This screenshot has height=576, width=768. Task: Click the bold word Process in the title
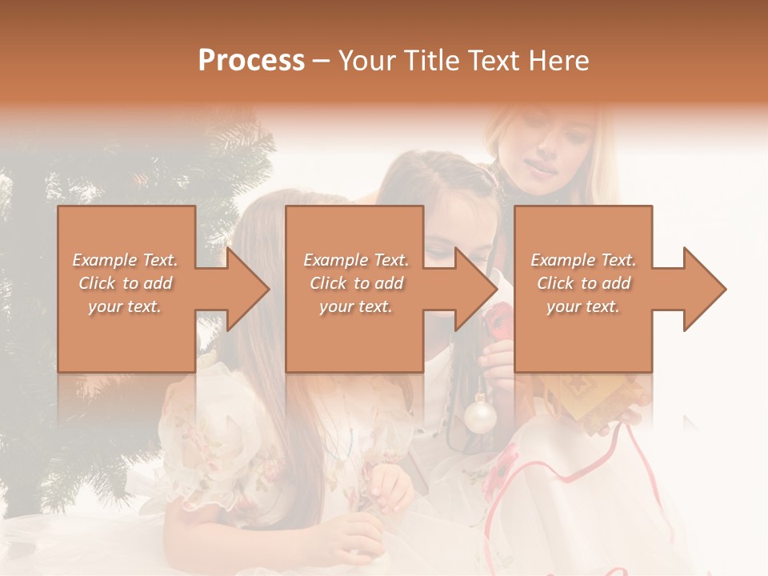coord(251,61)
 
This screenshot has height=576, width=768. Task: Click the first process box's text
coord(126,283)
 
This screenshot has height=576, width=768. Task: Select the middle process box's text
coord(356,283)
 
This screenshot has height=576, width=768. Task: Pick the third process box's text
coord(583,283)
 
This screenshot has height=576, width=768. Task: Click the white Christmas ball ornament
coord(481,416)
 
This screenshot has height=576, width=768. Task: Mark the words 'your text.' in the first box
coord(125,306)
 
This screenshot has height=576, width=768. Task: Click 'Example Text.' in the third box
coord(583,260)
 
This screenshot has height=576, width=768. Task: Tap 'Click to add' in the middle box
coord(356,283)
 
